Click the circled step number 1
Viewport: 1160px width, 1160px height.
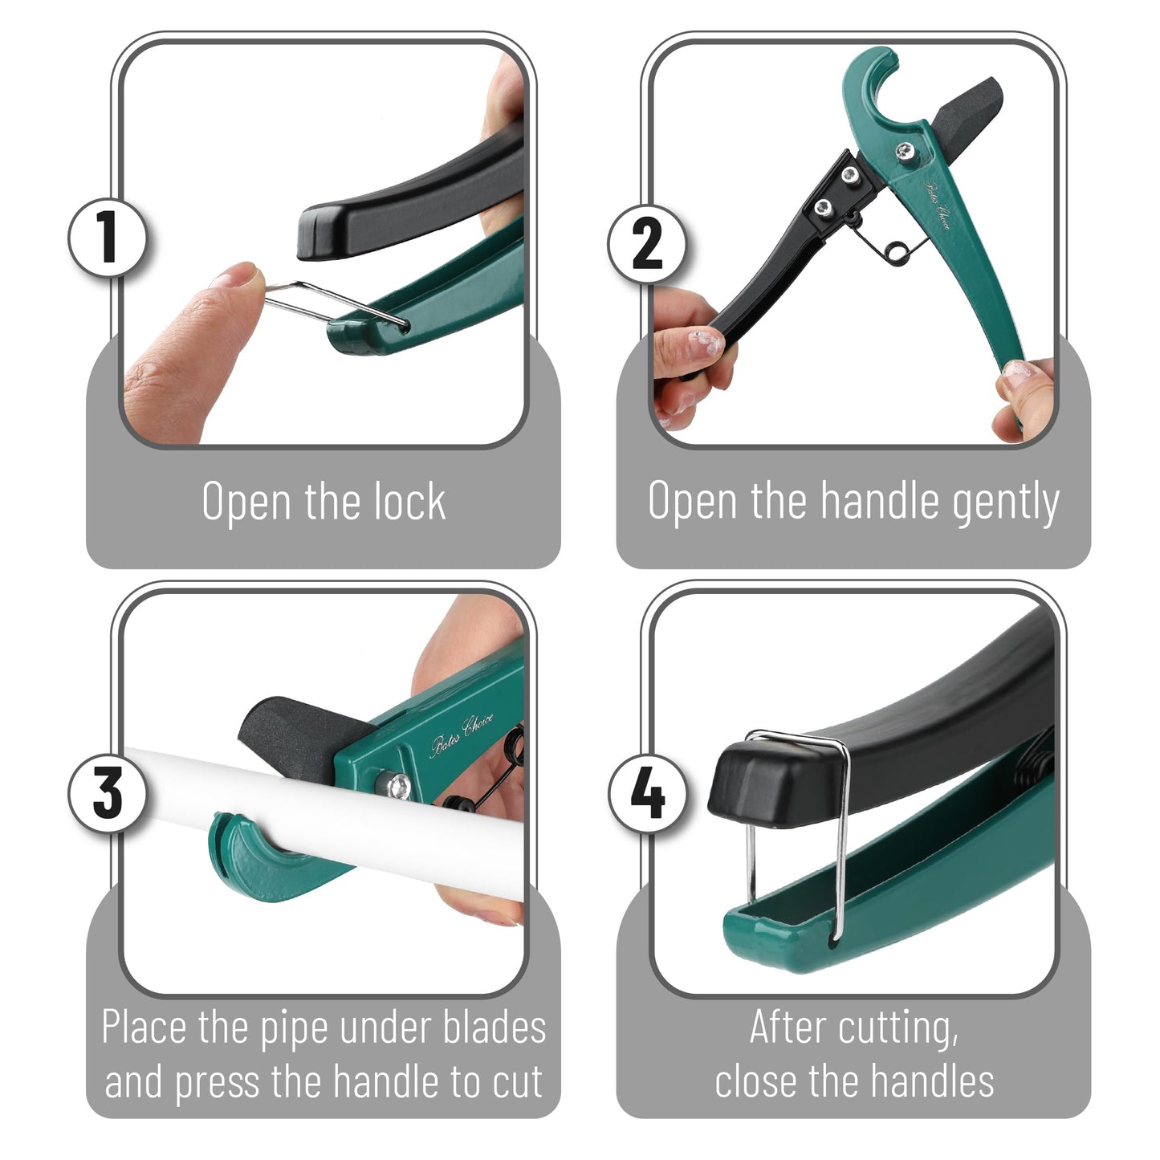(108, 238)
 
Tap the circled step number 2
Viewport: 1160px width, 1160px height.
(647, 242)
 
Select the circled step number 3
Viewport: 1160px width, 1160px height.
(108, 792)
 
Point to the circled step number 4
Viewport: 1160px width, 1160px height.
(647, 793)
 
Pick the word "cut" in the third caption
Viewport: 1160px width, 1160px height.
(517, 1081)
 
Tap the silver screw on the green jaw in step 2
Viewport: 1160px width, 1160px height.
(906, 149)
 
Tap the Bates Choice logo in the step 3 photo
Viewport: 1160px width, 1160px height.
(461, 734)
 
